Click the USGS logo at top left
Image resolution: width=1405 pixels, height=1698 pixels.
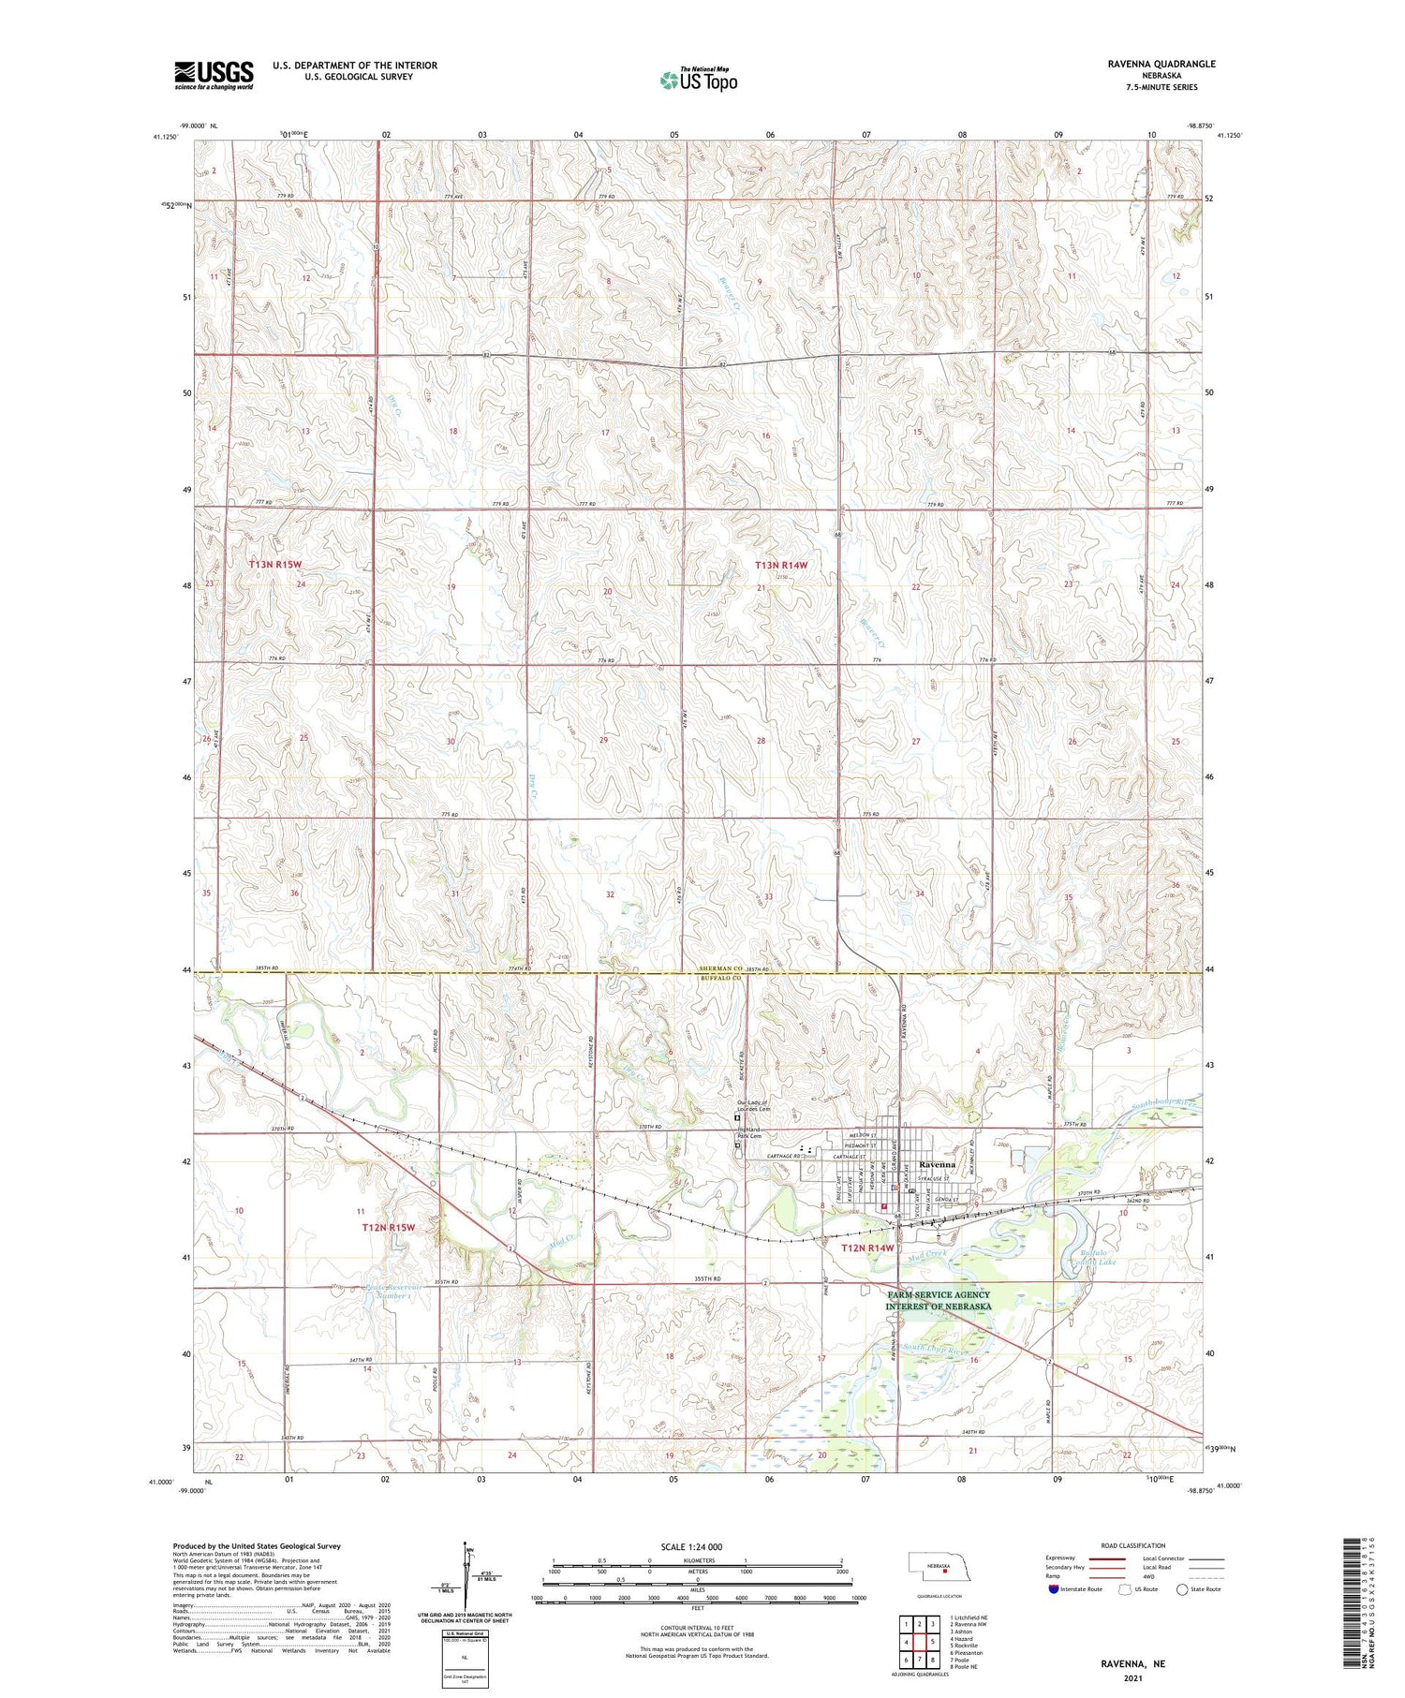tap(214, 75)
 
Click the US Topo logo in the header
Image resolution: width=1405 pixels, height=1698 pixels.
tap(698, 81)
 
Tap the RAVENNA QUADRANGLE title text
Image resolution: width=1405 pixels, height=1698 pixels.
tap(1161, 64)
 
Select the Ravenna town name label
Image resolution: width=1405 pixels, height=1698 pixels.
tap(937, 1164)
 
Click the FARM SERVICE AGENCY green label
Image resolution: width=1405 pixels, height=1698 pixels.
tap(939, 1300)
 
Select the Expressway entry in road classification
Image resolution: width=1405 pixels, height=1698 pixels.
tap(1064, 1559)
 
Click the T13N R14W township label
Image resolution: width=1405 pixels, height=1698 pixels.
tap(781, 565)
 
